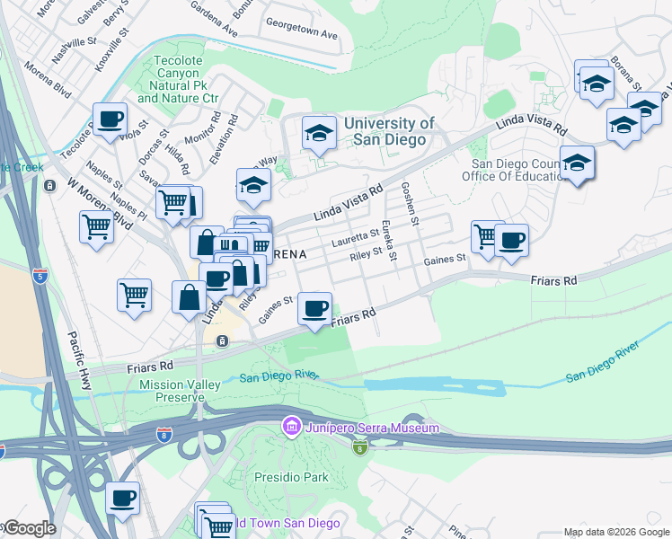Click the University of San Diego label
pyautogui.click(x=389, y=132)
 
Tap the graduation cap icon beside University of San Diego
pyautogui.click(x=318, y=134)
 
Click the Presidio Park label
pyautogui.click(x=291, y=477)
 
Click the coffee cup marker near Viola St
pyautogui.click(x=110, y=119)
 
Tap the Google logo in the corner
pyautogui.click(x=29, y=528)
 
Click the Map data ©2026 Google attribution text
pyautogui.click(x=615, y=532)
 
